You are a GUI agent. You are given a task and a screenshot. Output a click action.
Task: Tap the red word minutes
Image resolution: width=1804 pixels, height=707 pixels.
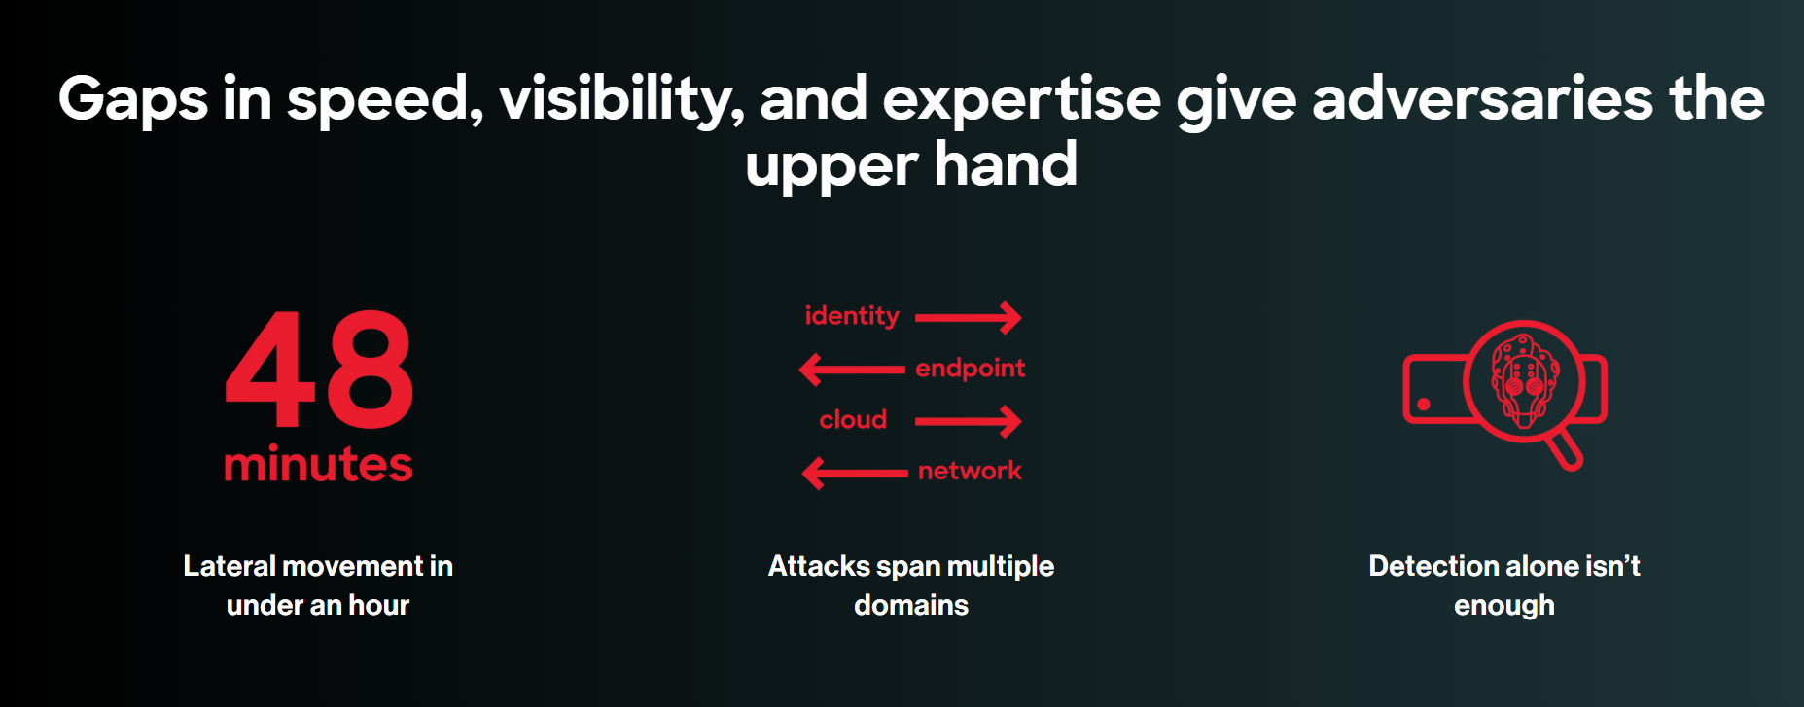318,464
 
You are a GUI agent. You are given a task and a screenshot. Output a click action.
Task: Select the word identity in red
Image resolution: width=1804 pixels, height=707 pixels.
852,316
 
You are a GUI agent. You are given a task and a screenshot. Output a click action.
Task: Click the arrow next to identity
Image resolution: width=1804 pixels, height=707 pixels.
969,317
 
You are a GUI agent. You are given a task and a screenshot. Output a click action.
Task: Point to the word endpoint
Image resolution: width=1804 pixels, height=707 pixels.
970,368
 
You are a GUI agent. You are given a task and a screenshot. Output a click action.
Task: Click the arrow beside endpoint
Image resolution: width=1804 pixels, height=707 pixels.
852,370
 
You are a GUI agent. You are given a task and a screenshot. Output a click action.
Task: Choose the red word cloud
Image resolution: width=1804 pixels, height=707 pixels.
853,419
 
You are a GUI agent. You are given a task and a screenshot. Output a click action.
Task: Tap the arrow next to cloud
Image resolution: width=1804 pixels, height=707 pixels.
969,421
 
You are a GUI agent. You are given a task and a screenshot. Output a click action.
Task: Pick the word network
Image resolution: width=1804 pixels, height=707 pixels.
970,471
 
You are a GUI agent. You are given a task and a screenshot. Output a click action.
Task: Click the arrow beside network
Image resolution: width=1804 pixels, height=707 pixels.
855,474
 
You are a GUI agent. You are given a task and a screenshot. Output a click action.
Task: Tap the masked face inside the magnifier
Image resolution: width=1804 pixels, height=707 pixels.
1523,380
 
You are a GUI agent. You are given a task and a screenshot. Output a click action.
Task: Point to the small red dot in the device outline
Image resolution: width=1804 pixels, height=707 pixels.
1424,404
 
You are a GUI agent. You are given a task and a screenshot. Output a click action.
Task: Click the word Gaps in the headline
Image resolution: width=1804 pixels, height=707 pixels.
132,100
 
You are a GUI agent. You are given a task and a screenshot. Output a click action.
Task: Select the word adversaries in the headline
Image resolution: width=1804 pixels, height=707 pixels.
1482,98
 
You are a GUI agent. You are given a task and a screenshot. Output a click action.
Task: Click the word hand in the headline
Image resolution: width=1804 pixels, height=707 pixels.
1006,164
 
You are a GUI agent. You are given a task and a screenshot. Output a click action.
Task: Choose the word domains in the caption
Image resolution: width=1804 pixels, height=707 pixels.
911,605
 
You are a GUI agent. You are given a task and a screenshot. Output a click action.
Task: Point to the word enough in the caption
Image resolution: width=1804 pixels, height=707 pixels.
1503,606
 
